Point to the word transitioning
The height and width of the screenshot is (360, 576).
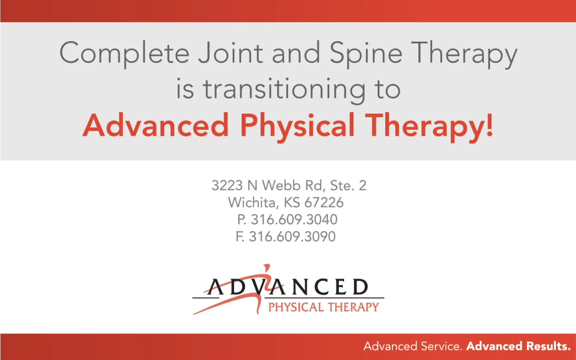(284, 90)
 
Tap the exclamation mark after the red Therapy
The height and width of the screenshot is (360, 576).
(489, 125)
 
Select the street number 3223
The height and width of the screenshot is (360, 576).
(227, 186)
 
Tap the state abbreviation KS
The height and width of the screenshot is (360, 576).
(292, 203)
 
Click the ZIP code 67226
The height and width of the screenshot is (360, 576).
(324, 203)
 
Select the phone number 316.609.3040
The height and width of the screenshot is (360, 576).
(294, 220)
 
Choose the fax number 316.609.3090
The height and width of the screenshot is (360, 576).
(292, 237)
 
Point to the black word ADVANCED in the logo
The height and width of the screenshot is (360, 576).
(287, 287)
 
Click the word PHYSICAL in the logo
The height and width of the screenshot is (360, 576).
(296, 307)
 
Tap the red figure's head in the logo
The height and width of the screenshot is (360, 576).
(267, 266)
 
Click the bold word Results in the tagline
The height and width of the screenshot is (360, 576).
(549, 346)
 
